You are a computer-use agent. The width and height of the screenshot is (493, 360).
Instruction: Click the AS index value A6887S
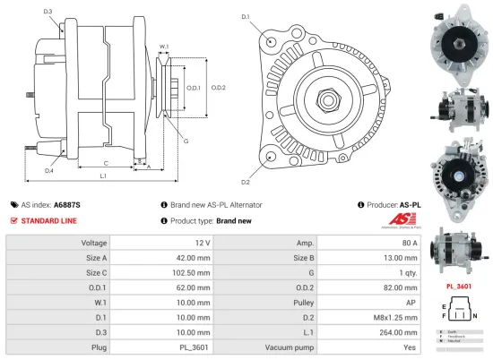click(x=66, y=204)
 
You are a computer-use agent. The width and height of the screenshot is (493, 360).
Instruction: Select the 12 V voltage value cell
click(x=201, y=243)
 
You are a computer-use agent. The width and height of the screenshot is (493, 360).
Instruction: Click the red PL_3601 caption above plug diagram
click(x=460, y=287)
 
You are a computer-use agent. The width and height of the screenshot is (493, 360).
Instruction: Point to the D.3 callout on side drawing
click(x=48, y=12)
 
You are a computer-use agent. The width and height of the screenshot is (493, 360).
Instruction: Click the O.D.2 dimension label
click(x=218, y=87)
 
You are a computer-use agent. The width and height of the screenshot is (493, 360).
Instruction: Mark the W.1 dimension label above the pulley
click(x=164, y=47)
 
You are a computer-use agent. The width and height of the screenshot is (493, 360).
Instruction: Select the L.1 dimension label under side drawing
click(x=103, y=176)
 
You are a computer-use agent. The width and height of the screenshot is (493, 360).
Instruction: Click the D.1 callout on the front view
click(x=245, y=16)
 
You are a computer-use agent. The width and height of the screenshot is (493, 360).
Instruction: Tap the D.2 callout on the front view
click(x=245, y=158)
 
